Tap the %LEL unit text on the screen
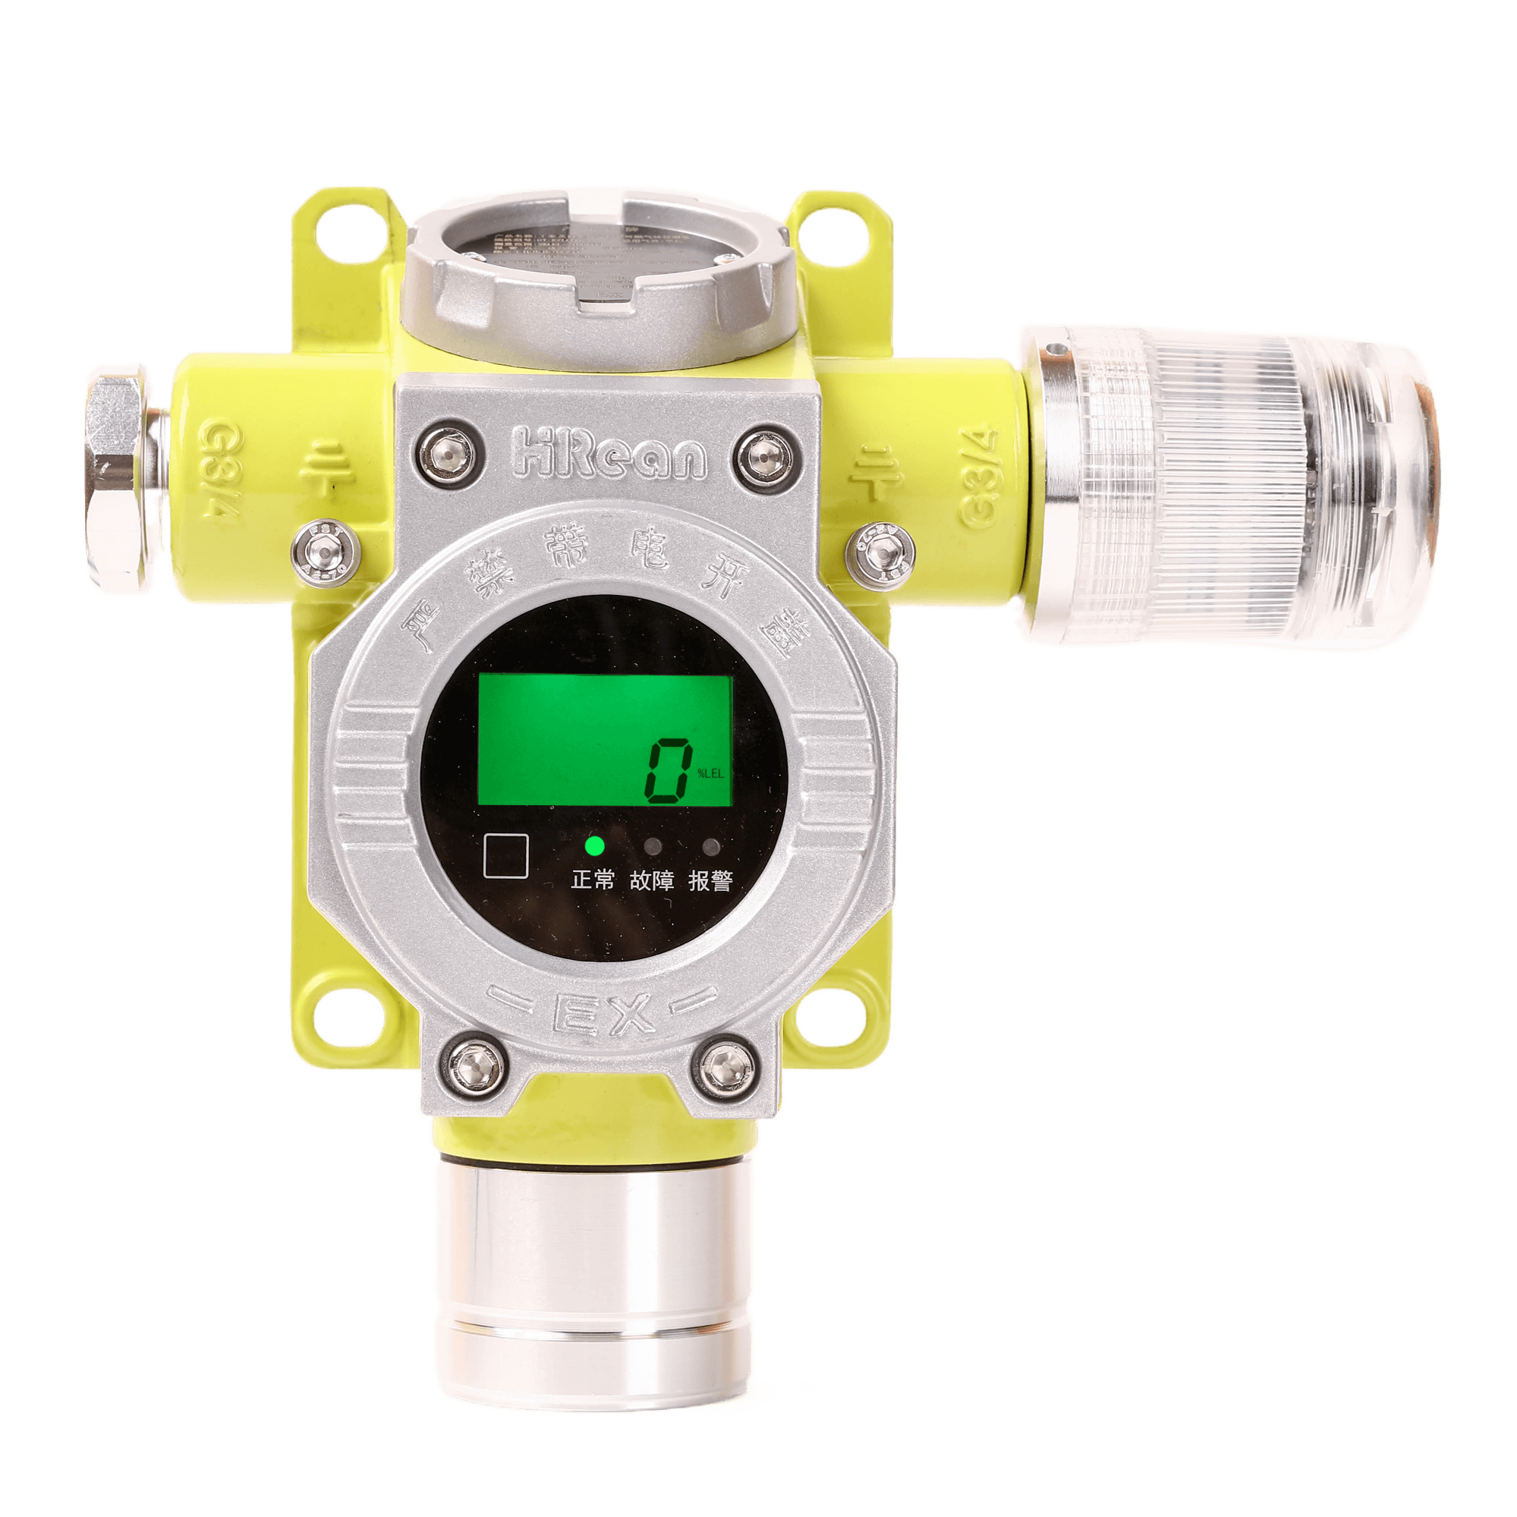tap(710, 773)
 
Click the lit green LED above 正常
tap(594, 846)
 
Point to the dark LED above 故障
tap(653, 847)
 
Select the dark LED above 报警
tap(711, 847)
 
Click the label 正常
tap(593, 880)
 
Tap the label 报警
tap(710, 881)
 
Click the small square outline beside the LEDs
tap(505, 856)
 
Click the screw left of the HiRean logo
tap(448, 453)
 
